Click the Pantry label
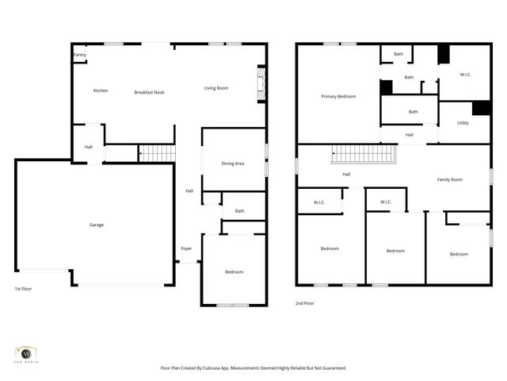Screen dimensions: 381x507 click(80, 55)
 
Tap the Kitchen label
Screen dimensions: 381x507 click(101, 90)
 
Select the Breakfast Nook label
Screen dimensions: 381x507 click(149, 90)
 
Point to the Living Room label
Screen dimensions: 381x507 click(216, 88)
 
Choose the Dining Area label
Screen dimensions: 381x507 click(232, 164)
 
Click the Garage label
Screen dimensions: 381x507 click(96, 225)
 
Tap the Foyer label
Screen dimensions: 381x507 click(186, 248)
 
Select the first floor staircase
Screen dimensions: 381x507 click(156, 152)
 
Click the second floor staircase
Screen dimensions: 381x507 click(362, 152)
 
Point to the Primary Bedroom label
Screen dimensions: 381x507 click(338, 96)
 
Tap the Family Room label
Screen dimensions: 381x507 click(450, 179)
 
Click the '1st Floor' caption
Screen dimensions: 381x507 click(24, 289)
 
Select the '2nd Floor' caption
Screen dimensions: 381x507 click(305, 303)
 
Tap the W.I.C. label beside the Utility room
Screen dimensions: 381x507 click(465, 75)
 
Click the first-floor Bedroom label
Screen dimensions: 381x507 click(234, 272)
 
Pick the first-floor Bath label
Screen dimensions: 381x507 click(239, 210)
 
